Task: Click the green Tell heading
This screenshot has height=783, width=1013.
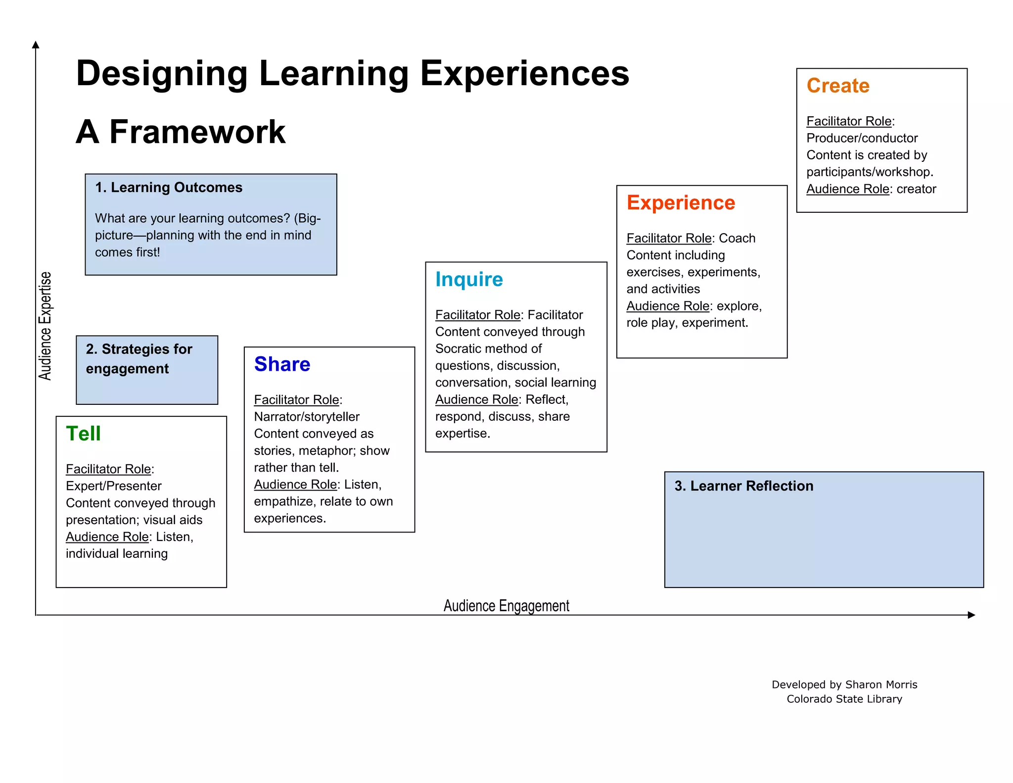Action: pyautogui.click(x=83, y=434)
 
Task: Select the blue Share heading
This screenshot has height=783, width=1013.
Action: pyautogui.click(x=282, y=364)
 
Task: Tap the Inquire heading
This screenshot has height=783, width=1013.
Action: pyautogui.click(x=469, y=280)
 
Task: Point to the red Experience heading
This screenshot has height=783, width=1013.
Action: pyautogui.click(x=681, y=203)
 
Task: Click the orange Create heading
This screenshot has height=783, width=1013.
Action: pyautogui.click(x=838, y=86)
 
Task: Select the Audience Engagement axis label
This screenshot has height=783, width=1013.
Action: pyautogui.click(x=506, y=606)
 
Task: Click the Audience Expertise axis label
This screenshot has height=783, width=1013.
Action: pyautogui.click(x=45, y=326)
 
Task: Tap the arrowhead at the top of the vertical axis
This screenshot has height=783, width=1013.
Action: pyautogui.click(x=36, y=45)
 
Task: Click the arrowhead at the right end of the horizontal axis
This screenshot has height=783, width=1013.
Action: pyautogui.click(x=971, y=615)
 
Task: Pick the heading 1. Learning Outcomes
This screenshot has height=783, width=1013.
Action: pyautogui.click(x=169, y=188)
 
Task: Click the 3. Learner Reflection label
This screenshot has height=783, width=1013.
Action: pyautogui.click(x=744, y=486)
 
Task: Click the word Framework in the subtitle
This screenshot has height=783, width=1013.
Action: pyautogui.click(x=197, y=132)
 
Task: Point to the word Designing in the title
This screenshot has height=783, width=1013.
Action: pyautogui.click(x=162, y=74)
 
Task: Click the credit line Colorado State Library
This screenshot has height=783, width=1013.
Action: pyautogui.click(x=844, y=699)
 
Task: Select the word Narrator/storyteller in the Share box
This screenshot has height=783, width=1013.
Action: pyautogui.click(x=307, y=417)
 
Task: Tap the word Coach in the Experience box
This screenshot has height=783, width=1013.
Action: pyautogui.click(x=737, y=239)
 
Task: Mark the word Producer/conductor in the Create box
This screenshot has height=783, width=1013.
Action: pyautogui.click(x=862, y=138)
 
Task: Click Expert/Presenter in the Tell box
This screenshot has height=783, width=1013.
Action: pyautogui.click(x=114, y=486)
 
